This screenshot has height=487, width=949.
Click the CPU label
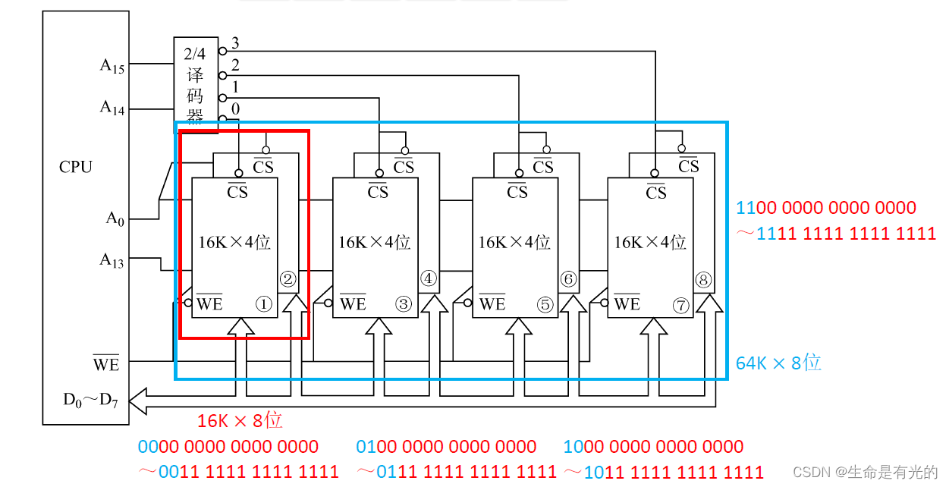pos(75,167)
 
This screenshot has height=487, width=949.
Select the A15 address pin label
pos(112,65)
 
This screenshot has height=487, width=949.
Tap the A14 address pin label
pos(112,108)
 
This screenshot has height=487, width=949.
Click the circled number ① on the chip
pos(263,304)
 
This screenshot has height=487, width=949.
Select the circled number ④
pos(429,279)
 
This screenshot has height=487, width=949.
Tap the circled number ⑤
pos(545,304)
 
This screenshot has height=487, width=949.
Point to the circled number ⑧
pos(703,280)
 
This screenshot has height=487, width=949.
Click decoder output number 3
pos(235,42)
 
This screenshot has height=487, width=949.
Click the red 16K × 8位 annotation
pos(240,420)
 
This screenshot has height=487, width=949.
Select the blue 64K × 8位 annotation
pos(778,363)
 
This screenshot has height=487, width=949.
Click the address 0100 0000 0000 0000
pos(446,447)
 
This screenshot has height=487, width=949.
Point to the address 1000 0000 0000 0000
pos(653,447)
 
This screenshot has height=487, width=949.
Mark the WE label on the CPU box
pos(106,364)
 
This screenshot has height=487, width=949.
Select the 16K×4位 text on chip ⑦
pos(650,243)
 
